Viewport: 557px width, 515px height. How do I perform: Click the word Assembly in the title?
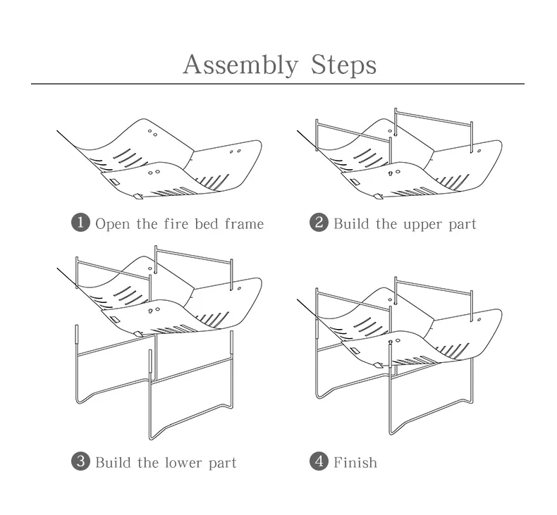[240, 65]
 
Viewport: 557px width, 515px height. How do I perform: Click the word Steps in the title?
[343, 65]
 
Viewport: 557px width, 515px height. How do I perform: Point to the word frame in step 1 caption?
[244, 224]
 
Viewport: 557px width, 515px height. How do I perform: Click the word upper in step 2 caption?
[423, 225]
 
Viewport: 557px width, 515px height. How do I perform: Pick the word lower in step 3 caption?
[184, 463]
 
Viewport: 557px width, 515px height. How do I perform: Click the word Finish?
[355, 463]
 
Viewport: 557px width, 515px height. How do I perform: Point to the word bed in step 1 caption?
[205, 224]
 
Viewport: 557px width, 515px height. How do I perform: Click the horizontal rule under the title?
[278, 85]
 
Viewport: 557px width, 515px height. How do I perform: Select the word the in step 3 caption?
[149, 463]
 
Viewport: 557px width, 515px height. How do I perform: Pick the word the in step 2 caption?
[387, 224]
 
